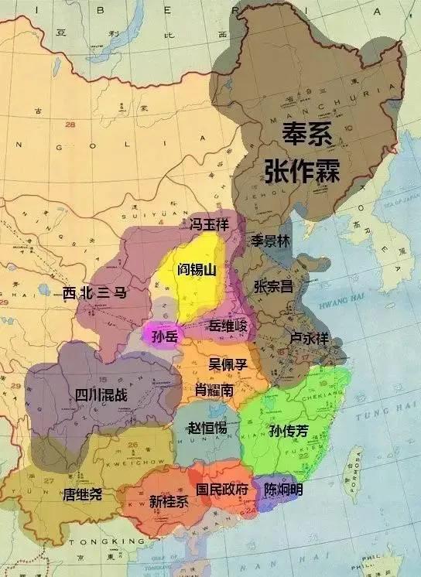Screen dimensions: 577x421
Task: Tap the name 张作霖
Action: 303,170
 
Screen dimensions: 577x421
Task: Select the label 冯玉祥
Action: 209,224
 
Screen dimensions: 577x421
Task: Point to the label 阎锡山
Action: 197,269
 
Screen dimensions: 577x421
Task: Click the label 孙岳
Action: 165,336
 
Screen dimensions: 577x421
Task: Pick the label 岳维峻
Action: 228,327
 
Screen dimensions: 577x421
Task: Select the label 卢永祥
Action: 309,338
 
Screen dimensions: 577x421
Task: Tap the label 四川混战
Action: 101,395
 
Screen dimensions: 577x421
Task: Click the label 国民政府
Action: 222,490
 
